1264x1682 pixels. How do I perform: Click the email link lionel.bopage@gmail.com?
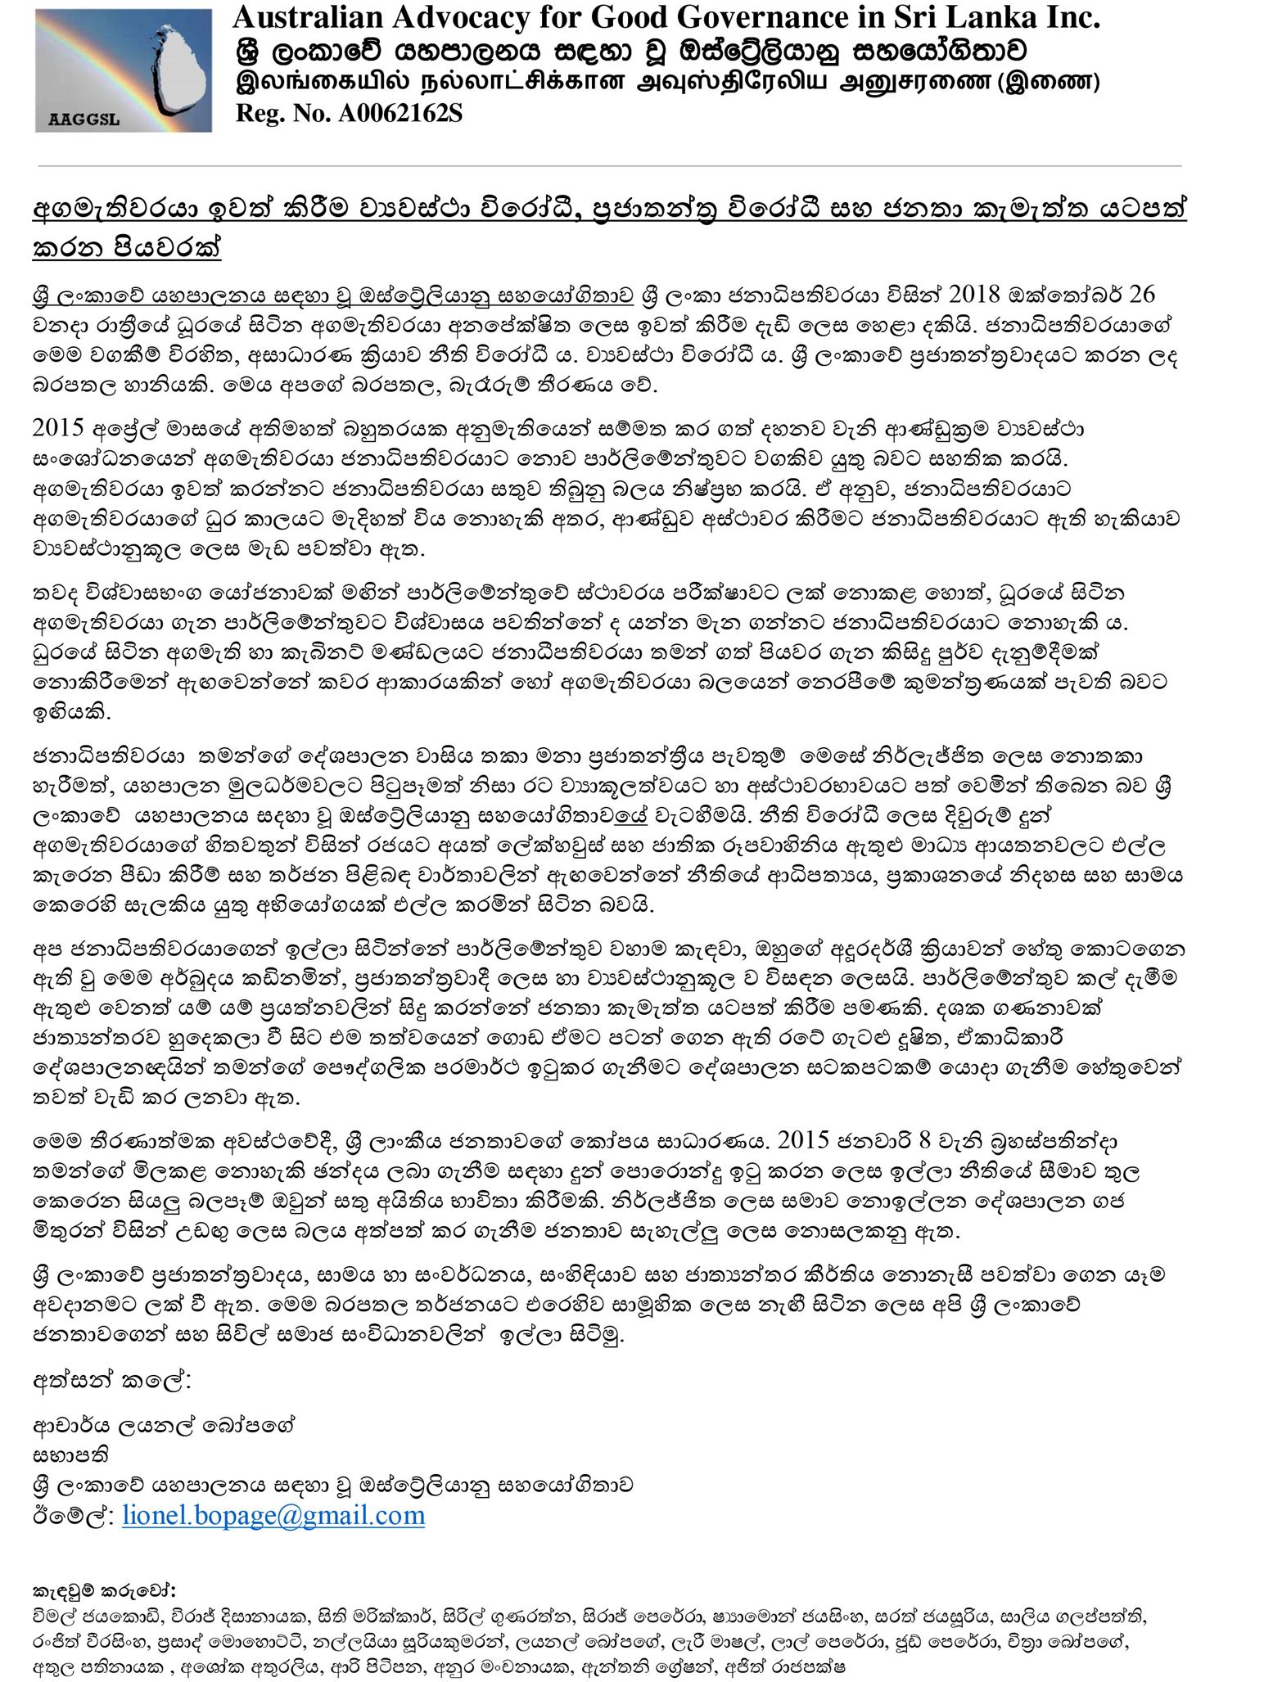[x=273, y=1516]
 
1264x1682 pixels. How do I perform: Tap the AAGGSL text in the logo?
[x=84, y=120]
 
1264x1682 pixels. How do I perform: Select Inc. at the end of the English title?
[x=1072, y=16]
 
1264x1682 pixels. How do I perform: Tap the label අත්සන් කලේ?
[x=112, y=1382]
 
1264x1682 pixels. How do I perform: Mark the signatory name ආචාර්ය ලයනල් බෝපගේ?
[x=164, y=1425]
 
